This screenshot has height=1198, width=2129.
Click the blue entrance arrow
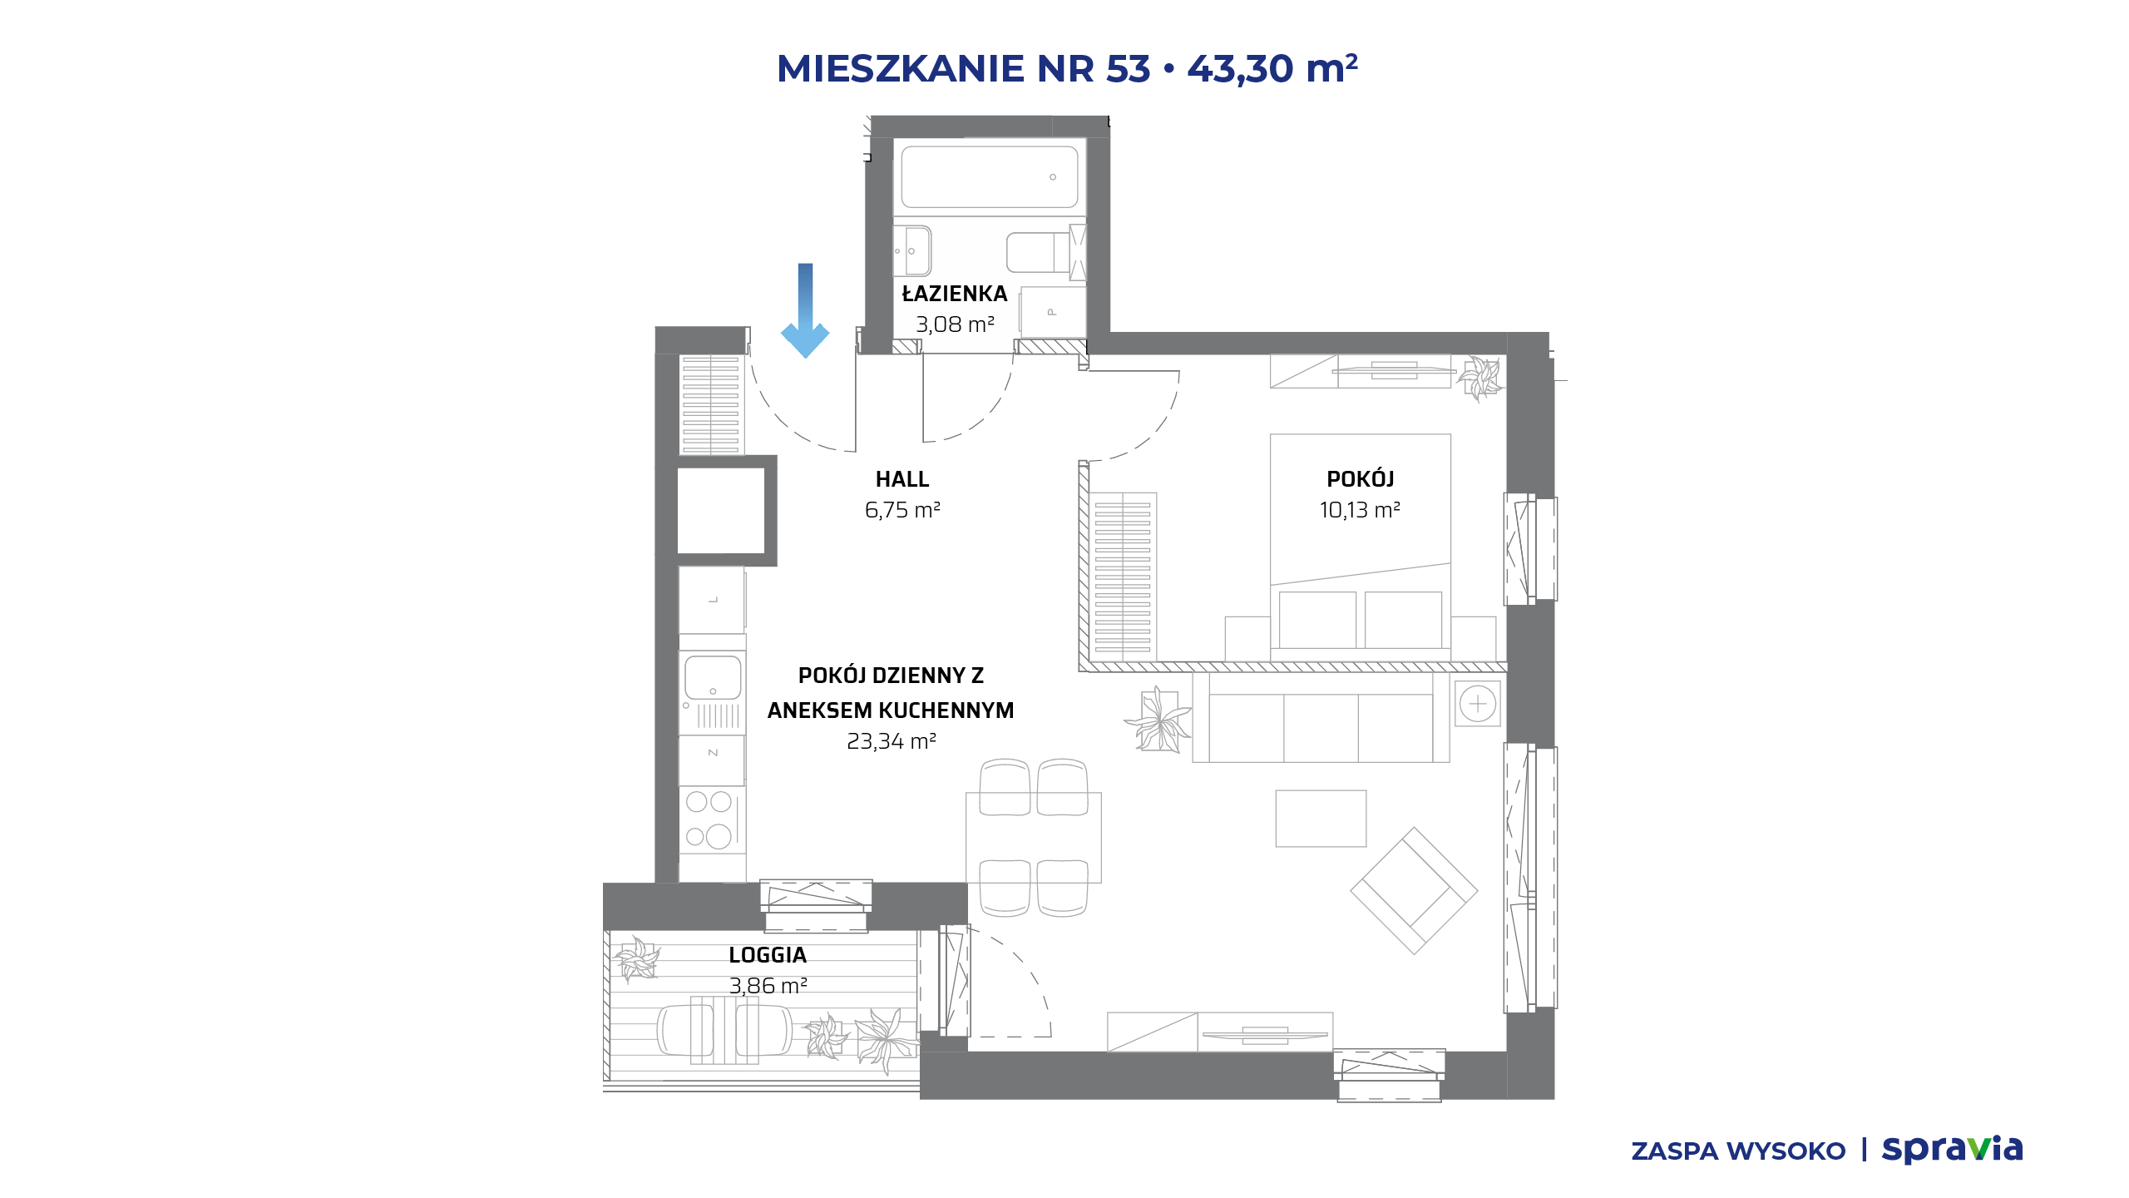(x=805, y=310)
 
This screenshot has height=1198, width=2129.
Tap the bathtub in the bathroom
(x=990, y=177)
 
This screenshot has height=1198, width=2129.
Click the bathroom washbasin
(x=912, y=250)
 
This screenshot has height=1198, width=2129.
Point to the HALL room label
(x=902, y=479)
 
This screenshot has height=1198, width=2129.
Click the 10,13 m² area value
(x=1360, y=510)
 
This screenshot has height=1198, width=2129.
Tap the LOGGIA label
(x=768, y=955)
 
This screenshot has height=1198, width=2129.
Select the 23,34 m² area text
(x=892, y=741)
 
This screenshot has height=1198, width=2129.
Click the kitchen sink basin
(x=713, y=677)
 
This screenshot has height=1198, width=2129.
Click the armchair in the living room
(x=1414, y=890)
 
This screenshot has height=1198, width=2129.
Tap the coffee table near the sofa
(x=1321, y=819)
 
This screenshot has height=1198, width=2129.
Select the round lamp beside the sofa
(x=1478, y=704)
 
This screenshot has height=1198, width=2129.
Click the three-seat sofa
(x=1321, y=717)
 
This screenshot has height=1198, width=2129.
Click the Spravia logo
(x=1952, y=1149)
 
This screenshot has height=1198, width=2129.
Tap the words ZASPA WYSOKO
(x=1738, y=1151)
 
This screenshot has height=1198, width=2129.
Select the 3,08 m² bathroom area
(x=955, y=324)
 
